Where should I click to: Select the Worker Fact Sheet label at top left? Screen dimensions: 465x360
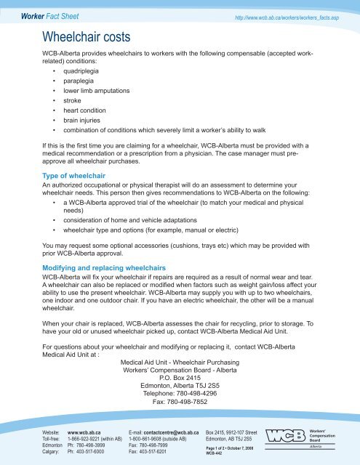point(35,12)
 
